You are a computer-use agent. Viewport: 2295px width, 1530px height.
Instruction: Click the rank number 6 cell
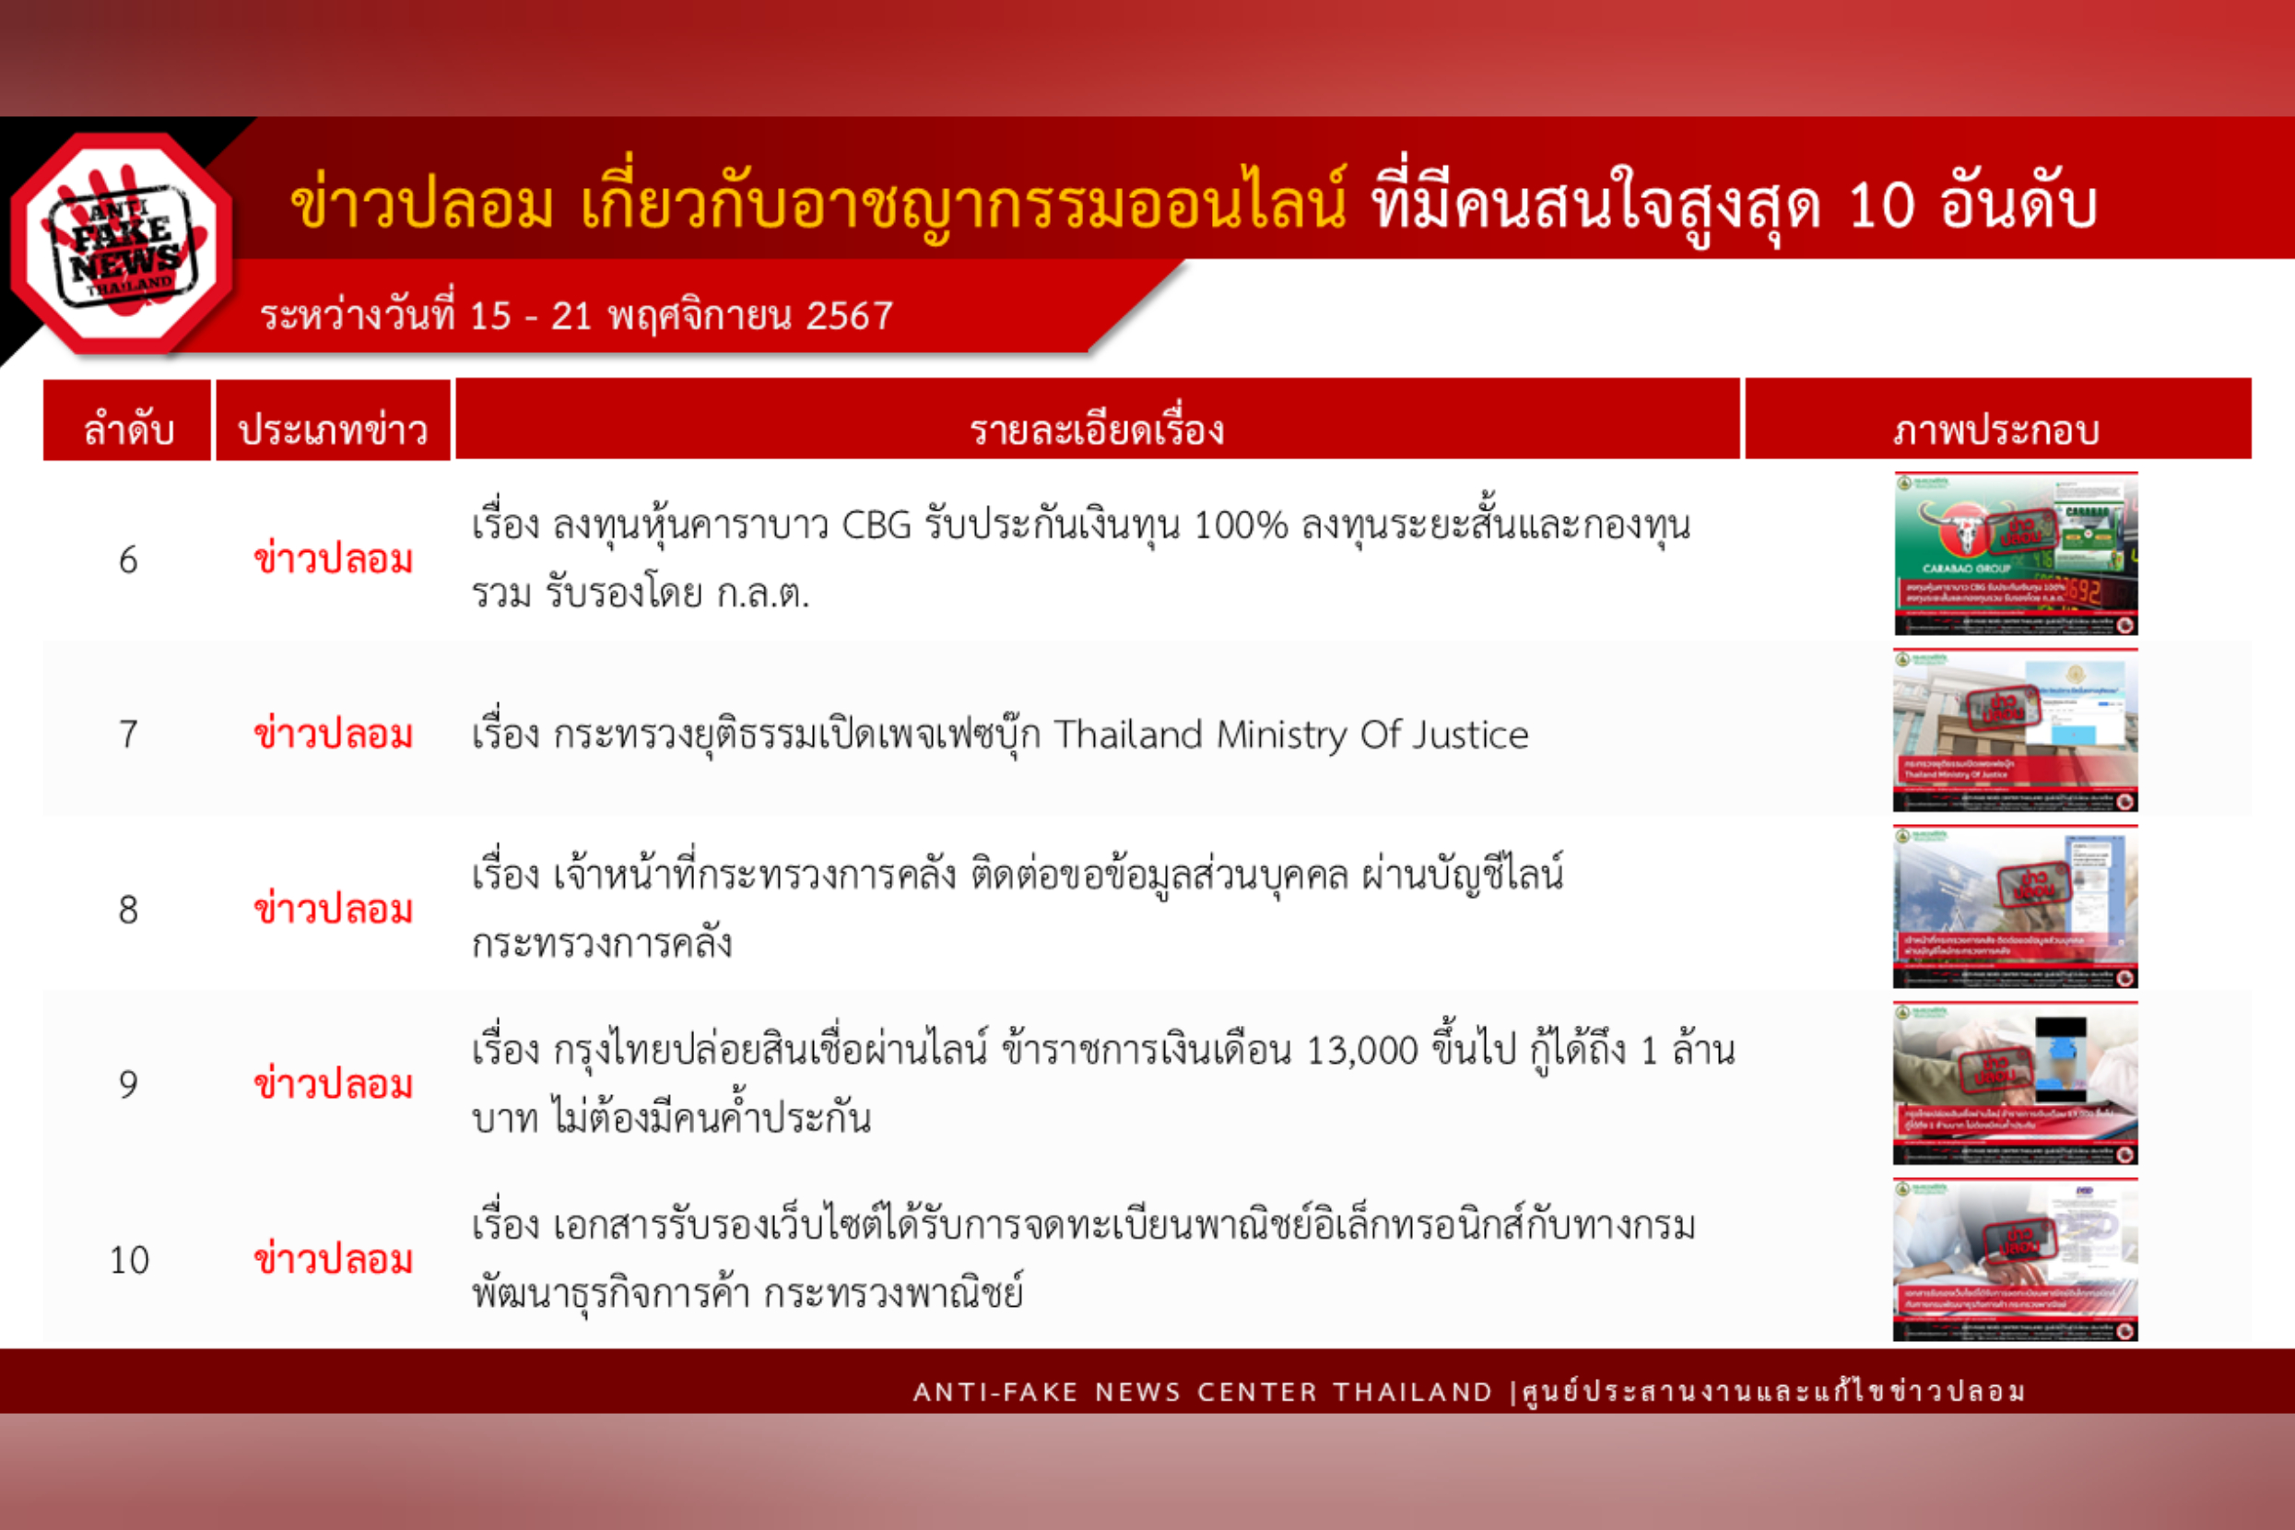(x=128, y=560)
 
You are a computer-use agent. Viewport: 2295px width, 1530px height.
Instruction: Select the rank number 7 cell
(x=128, y=734)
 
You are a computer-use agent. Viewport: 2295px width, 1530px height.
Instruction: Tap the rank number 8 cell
(x=128, y=910)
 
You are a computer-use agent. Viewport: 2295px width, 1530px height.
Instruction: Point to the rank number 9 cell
(x=128, y=1084)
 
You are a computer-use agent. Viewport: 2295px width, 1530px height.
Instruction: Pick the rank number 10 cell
(x=129, y=1260)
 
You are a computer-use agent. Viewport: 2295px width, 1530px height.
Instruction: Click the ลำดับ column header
(x=128, y=430)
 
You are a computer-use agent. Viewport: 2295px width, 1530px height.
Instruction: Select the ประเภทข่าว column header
(x=333, y=430)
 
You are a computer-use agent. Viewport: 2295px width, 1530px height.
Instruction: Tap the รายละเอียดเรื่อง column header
(x=1097, y=430)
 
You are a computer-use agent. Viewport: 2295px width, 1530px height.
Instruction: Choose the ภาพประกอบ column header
(x=1996, y=430)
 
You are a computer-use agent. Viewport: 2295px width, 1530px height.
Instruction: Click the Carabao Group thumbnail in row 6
(x=2015, y=553)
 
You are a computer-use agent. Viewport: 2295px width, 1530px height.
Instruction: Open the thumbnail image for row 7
(x=2015, y=730)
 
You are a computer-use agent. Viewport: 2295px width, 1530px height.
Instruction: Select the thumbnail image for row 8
(x=2015, y=907)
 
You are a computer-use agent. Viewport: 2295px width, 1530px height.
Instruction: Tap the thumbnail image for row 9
(x=2015, y=1083)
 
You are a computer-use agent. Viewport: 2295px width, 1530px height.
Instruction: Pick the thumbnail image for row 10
(x=2015, y=1260)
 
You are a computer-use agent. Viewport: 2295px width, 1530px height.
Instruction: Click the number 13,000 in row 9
(x=1361, y=1051)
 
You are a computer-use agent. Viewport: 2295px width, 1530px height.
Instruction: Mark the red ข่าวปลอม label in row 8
(x=333, y=910)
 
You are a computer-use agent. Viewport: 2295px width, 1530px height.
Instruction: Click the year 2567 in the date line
(x=849, y=316)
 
